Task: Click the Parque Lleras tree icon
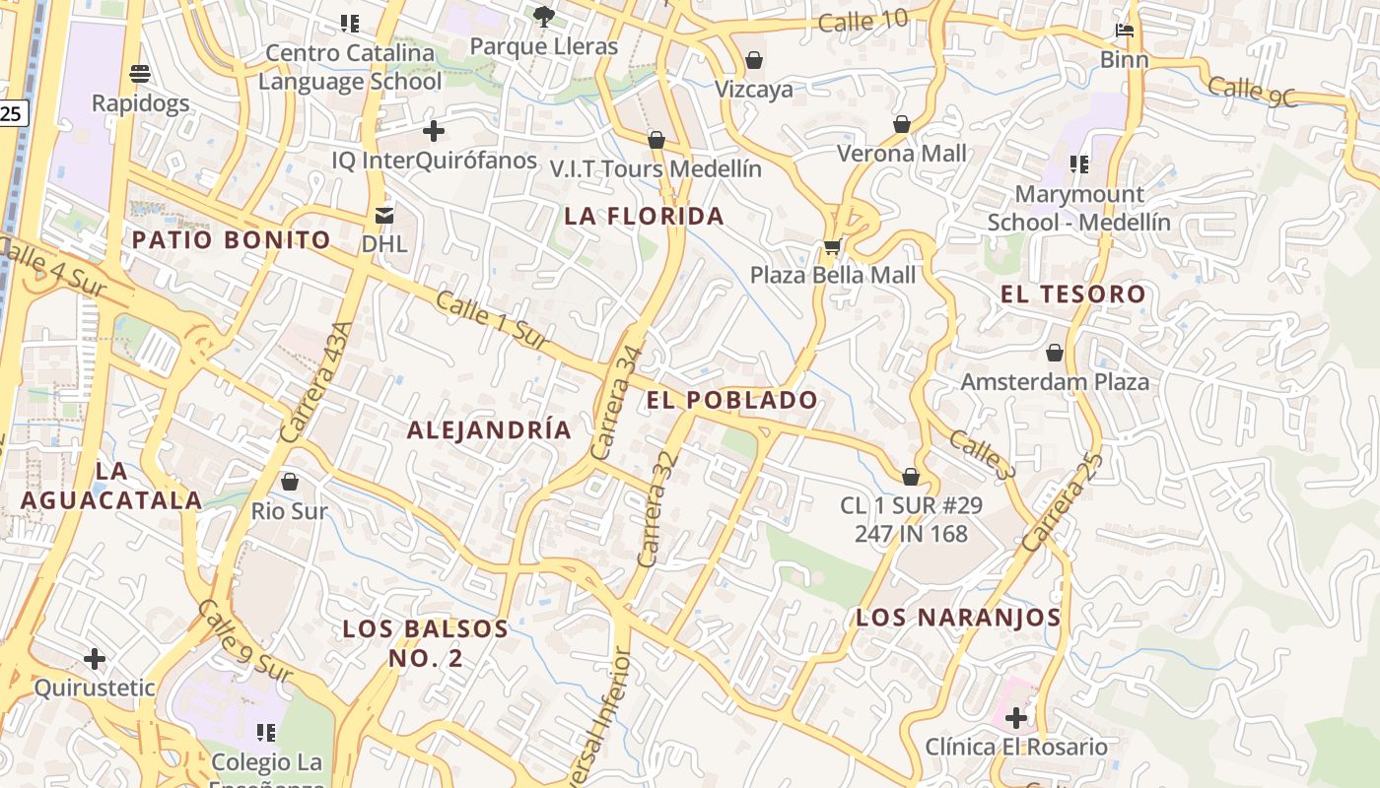(543, 16)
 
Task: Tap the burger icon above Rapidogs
(140, 74)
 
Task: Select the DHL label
(383, 242)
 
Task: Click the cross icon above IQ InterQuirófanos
(433, 130)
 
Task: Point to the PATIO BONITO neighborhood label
(232, 239)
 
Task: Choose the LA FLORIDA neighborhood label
(644, 216)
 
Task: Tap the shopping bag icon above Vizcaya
(754, 60)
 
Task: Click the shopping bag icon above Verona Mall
(902, 124)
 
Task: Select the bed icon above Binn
(1125, 31)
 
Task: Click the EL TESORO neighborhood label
(1072, 294)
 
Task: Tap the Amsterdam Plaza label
(1055, 381)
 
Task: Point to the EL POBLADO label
(732, 399)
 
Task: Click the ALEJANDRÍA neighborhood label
(489, 429)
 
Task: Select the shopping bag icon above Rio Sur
(290, 482)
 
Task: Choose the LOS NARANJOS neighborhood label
(958, 618)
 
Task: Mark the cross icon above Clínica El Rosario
(1015, 717)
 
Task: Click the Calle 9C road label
(1251, 90)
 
